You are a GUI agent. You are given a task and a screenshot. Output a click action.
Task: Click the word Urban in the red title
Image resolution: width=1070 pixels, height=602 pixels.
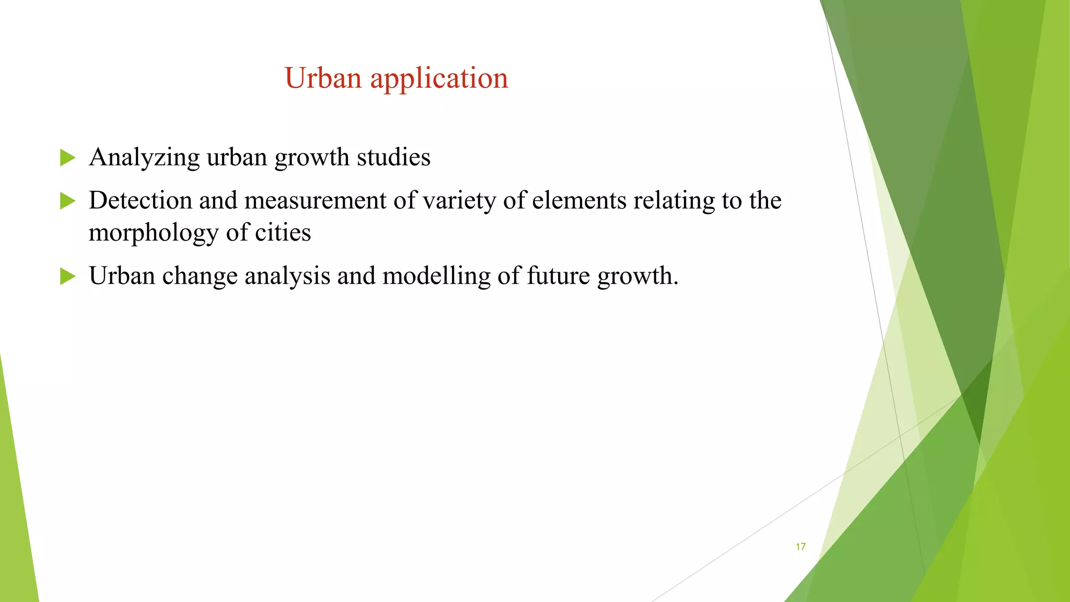pos(323,78)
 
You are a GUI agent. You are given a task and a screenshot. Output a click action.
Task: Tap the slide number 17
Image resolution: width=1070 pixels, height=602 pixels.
pos(800,547)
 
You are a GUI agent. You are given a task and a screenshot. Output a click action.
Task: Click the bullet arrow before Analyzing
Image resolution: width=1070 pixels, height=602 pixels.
pos(67,157)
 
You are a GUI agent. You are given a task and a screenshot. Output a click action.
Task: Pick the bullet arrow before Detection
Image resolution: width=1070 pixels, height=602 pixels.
pos(67,201)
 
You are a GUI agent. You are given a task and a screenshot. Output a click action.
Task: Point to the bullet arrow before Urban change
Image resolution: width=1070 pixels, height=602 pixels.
pos(67,276)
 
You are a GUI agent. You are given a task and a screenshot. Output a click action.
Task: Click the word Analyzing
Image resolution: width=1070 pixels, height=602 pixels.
pos(144,158)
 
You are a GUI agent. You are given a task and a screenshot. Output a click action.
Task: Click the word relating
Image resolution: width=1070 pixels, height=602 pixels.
pos(674,201)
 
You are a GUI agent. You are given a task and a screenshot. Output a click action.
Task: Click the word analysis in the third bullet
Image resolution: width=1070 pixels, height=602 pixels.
pos(287,276)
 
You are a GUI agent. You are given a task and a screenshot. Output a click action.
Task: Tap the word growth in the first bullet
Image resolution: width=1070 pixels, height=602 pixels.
pos(312,158)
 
